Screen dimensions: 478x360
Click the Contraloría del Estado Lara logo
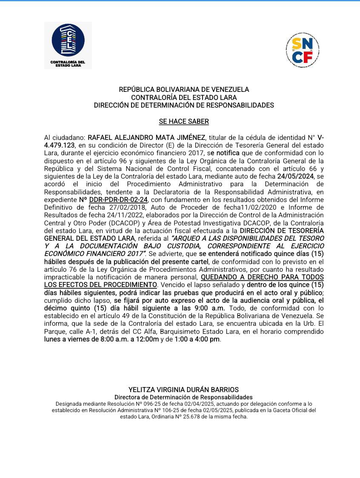tap(68, 45)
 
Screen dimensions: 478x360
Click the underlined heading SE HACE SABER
tap(184, 122)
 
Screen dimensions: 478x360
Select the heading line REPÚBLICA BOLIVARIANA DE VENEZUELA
tap(184, 90)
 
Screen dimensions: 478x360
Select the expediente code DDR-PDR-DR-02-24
tap(118, 199)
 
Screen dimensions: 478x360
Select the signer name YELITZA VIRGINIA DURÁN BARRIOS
tap(184, 390)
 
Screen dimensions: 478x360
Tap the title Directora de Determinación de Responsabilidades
tap(184, 397)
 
